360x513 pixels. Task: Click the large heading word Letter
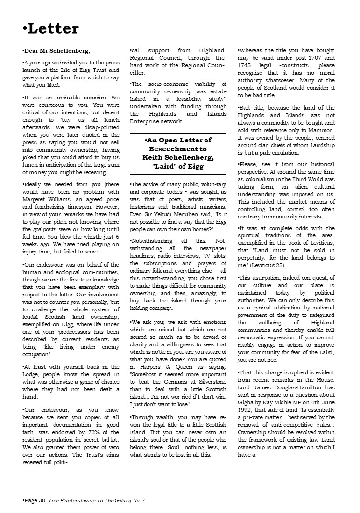[53, 28]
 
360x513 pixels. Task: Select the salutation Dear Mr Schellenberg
[57, 50]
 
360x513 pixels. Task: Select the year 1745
[246, 65]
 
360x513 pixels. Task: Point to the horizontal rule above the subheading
[178, 134]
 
